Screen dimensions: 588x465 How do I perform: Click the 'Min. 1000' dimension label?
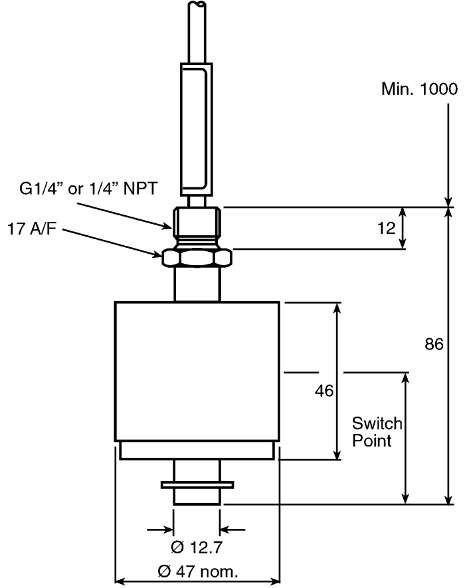point(419,90)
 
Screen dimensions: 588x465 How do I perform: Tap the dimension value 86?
point(432,344)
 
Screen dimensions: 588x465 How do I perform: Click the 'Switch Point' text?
point(377,431)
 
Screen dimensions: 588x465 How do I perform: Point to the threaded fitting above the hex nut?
point(197,223)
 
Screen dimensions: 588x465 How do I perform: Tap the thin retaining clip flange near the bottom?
point(197,485)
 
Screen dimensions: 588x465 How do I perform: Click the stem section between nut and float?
point(197,284)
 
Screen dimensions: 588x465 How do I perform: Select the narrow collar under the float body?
point(197,451)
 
